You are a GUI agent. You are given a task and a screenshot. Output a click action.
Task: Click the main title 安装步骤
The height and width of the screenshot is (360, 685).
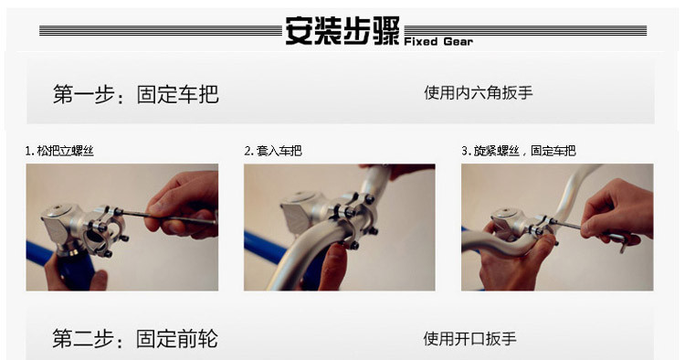pos(342,30)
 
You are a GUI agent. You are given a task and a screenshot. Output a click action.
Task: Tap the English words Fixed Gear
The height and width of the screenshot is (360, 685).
pos(438,42)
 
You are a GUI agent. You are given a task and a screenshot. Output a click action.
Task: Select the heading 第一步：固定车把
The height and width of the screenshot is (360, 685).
pos(135,94)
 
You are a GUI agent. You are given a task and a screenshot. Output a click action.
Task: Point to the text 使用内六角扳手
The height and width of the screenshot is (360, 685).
pos(479,92)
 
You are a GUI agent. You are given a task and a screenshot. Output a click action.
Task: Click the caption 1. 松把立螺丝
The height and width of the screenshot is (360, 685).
pos(59,151)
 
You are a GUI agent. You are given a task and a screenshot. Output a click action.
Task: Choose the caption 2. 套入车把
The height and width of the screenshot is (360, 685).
pos(273,151)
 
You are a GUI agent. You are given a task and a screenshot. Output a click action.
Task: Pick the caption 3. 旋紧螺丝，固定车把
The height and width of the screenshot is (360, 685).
pos(519,151)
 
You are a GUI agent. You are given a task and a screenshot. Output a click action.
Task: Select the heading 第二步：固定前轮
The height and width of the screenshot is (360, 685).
pos(135,339)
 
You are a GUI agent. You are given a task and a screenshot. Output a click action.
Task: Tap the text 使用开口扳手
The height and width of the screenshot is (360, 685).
pos(469,339)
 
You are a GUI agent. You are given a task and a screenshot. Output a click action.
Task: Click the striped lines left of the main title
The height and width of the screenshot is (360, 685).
pos(161,30)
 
